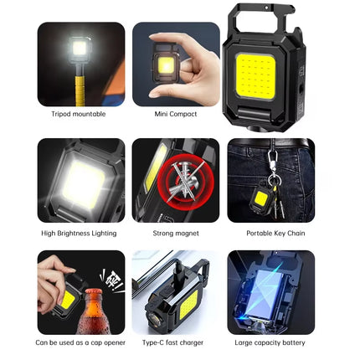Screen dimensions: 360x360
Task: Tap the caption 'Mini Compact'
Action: pos(176,113)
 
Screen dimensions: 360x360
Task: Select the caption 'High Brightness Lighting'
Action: pos(80,233)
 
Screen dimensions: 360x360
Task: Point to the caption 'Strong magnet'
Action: pos(176,233)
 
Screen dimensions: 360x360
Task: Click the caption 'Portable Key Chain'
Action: pos(270,233)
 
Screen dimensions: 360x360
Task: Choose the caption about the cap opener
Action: pos(81,342)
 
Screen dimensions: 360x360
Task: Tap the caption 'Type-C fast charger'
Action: pos(176,342)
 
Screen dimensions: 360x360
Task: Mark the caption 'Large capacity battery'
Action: pos(270,342)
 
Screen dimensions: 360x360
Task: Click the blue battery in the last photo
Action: pos(267,289)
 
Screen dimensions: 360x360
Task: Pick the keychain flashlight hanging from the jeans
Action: pos(261,198)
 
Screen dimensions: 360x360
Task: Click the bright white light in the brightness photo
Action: pos(81,183)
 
